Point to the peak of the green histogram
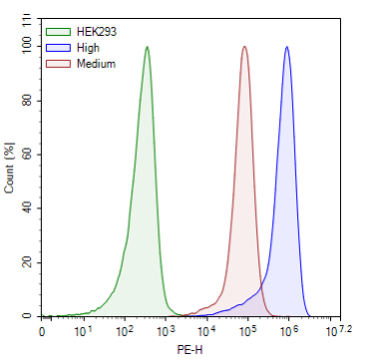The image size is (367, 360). [147, 47]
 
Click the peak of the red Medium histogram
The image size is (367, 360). [244, 47]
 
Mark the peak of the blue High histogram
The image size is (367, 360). [287, 47]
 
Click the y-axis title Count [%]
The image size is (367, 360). [10, 170]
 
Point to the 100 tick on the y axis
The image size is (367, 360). [27, 46]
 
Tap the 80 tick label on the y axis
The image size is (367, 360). [27, 100]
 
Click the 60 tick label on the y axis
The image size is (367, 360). [27, 154]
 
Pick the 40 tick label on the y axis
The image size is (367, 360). [27, 207]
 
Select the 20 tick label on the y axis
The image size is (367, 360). [27, 262]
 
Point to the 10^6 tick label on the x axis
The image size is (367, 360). [291, 329]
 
